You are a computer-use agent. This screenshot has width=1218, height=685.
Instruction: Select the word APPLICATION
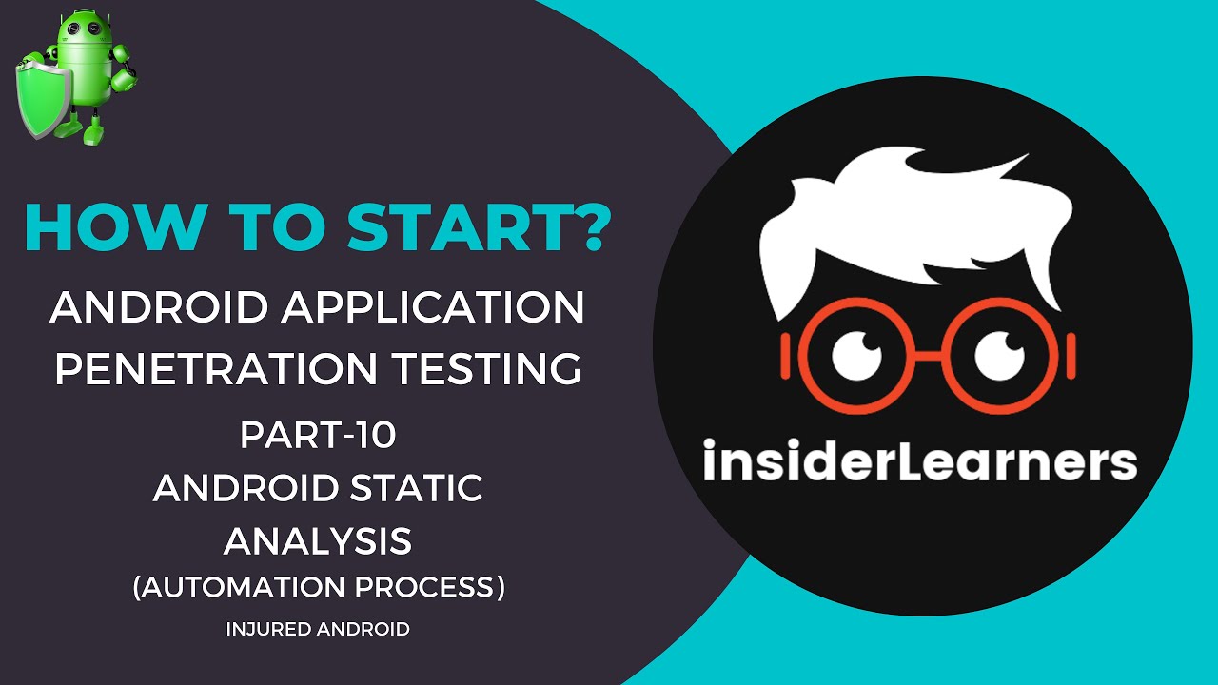pyautogui.click(x=433, y=307)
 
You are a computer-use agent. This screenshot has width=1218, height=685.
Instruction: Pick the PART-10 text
pyautogui.click(x=318, y=436)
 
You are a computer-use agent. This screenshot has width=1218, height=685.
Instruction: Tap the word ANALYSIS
pyautogui.click(x=318, y=541)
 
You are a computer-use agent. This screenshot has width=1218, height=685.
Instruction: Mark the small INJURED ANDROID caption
pyautogui.click(x=318, y=629)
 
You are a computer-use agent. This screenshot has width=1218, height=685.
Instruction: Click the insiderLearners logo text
pyautogui.click(x=920, y=460)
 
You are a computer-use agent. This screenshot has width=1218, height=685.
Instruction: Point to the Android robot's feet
pyautogui.click(x=93, y=133)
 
